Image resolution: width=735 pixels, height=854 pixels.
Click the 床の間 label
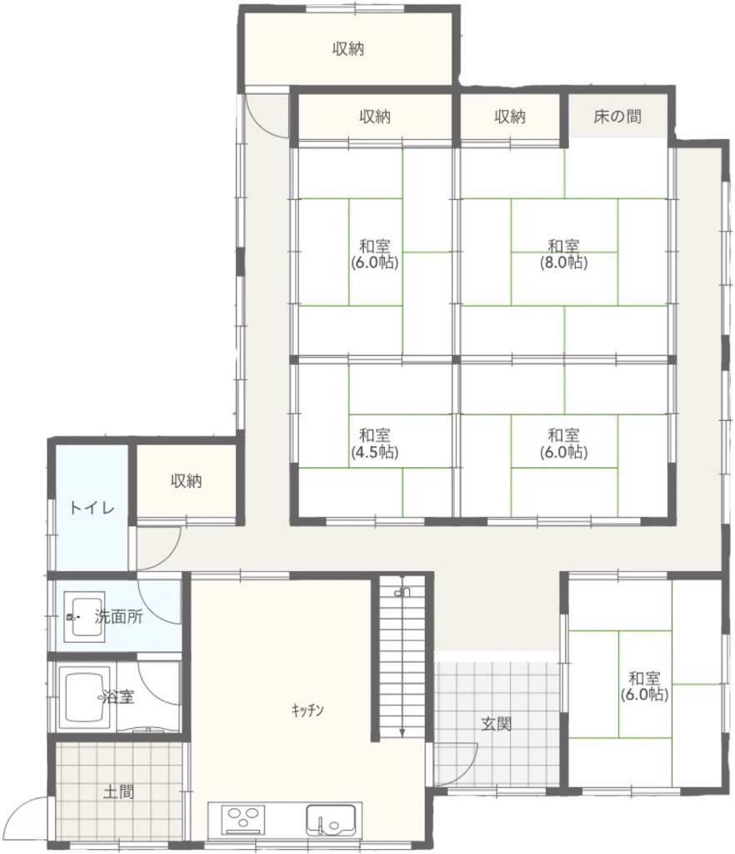[x=617, y=116]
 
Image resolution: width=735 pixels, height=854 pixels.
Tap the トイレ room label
[x=92, y=508]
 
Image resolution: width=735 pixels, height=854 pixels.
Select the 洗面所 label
[x=118, y=616]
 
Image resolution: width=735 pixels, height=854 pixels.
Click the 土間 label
[x=118, y=791]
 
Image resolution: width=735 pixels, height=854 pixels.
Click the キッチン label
[x=307, y=710]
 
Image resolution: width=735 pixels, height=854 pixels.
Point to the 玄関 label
[x=496, y=724]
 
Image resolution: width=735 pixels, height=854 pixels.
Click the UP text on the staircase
[x=402, y=590]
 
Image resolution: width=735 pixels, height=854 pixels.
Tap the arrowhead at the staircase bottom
[x=402, y=732]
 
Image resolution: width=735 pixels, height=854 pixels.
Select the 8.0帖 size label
[x=563, y=263]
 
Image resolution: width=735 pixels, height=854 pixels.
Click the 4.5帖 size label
[x=375, y=452]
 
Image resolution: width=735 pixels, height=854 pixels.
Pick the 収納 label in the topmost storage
[x=348, y=49]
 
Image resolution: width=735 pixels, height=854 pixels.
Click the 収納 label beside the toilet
[x=187, y=481]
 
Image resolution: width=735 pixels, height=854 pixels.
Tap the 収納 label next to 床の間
[x=510, y=116]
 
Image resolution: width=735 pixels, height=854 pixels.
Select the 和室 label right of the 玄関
[x=645, y=679]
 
